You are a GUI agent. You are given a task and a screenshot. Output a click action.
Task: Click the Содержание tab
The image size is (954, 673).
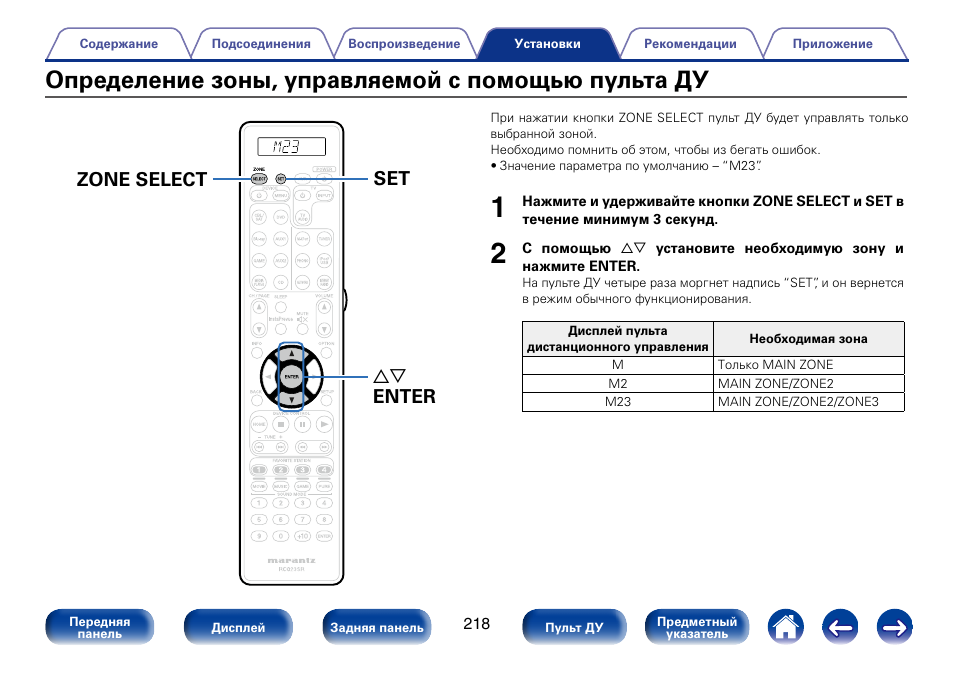pos(119,44)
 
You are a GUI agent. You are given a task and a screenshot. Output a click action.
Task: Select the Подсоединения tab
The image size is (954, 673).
pos(261,44)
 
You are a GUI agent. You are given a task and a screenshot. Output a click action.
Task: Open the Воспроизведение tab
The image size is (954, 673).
pos(404,44)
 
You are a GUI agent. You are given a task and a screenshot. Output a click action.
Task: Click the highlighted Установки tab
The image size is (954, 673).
pos(547,44)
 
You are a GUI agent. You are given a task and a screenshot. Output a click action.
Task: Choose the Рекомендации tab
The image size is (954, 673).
pos(690,44)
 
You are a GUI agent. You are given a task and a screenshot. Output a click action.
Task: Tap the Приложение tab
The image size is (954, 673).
pos(832,44)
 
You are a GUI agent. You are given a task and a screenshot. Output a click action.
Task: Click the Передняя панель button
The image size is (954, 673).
pos(100,627)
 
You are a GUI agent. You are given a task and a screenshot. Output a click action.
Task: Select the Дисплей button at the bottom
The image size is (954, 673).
pos(238,627)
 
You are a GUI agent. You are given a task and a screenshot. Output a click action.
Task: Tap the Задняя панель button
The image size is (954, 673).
pos(377,627)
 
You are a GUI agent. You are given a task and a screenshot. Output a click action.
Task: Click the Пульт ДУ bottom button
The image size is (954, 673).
pos(574,627)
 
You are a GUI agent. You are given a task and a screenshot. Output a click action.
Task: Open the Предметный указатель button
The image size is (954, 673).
pos(697,627)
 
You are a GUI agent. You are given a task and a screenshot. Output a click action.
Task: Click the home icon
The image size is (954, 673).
pos(786,627)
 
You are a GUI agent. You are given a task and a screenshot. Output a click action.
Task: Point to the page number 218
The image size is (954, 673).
pos(477,624)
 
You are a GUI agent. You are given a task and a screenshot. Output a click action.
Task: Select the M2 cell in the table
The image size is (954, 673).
pos(618,384)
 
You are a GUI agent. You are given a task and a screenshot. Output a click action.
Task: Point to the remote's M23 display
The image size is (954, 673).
pos(291,146)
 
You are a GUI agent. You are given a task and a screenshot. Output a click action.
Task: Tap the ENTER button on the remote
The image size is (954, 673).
pos(291,376)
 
